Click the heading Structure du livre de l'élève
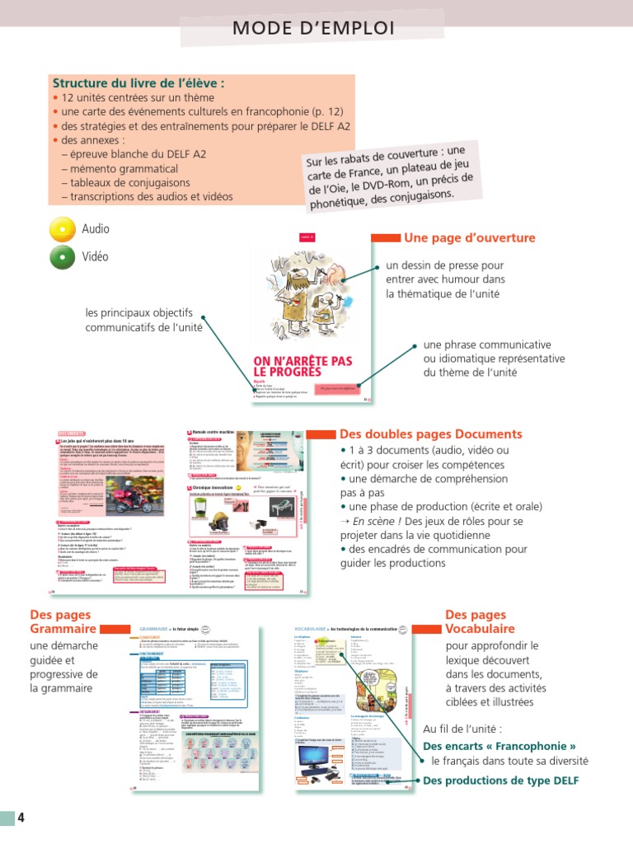click(x=138, y=83)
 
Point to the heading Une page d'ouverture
click(x=469, y=238)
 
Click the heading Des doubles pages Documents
click(x=430, y=434)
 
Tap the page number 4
click(x=21, y=818)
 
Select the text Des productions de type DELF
click(x=501, y=781)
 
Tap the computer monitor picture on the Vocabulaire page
click(x=322, y=758)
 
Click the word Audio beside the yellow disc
click(x=96, y=228)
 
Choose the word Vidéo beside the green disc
click(x=96, y=257)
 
